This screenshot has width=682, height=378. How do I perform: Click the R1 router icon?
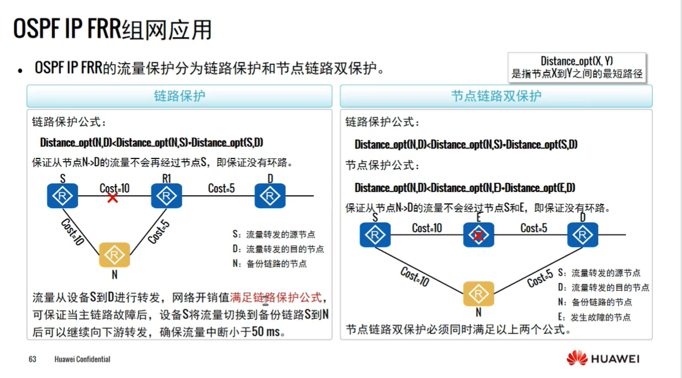coord(167,196)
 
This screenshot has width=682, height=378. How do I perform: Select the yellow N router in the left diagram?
coord(115,255)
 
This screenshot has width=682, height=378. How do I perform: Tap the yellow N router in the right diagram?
coord(478,293)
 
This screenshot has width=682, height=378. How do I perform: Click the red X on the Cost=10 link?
coord(112,198)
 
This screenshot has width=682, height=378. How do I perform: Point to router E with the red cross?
coord(478,235)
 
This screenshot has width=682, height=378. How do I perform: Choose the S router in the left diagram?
coord(62,196)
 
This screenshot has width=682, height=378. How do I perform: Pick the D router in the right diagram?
coord(583,235)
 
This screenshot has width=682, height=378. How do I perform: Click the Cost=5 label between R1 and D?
coord(221,188)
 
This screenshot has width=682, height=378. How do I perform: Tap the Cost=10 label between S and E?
coord(427,228)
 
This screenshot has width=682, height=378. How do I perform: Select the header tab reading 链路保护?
coord(179,96)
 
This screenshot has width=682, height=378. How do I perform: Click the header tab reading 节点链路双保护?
coord(496,96)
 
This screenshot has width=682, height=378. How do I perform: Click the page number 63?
coord(32,360)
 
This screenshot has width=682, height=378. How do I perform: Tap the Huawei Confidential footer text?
coord(82,360)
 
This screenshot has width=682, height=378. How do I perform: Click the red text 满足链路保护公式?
coord(275,298)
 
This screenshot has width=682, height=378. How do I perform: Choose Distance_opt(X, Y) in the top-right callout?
coord(576,61)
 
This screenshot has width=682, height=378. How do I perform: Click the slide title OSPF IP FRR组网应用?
coord(112,29)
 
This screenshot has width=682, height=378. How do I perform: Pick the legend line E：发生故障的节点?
coord(594,317)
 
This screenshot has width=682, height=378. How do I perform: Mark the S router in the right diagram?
coord(375,235)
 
